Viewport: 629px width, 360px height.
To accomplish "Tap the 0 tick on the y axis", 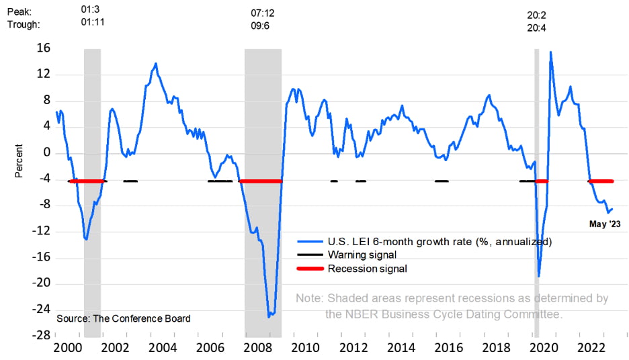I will click(46, 152).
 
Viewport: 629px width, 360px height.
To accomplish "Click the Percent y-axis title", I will click(19, 161).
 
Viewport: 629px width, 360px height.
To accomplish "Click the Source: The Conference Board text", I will click(124, 318).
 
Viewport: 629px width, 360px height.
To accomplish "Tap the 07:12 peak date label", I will click(263, 13).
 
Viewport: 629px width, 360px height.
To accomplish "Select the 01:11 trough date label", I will click(92, 22).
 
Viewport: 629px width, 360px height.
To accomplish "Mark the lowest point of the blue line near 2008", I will click(269, 316).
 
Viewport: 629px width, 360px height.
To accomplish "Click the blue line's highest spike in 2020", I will click(551, 52).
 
